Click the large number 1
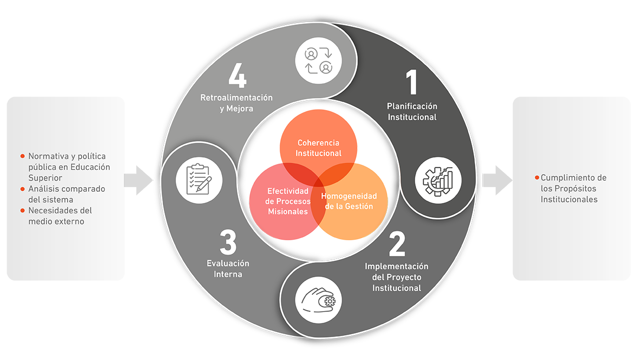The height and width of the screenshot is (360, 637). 412,83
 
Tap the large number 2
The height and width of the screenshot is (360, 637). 397,244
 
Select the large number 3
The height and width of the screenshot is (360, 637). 228,242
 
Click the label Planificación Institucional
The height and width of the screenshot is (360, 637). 412,112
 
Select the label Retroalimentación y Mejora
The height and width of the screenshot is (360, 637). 237,103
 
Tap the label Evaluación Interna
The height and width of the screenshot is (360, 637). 228,269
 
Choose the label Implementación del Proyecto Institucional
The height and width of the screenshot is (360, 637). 397,277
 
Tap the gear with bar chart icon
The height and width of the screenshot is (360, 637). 438,180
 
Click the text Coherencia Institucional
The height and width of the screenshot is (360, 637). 319,148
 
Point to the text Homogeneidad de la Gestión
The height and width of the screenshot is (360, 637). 349,201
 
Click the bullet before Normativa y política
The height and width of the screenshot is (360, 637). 22,156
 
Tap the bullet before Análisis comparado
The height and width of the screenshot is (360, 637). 22,189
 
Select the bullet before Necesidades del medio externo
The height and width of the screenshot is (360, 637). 22,210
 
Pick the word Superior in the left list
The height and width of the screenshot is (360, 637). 45,178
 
